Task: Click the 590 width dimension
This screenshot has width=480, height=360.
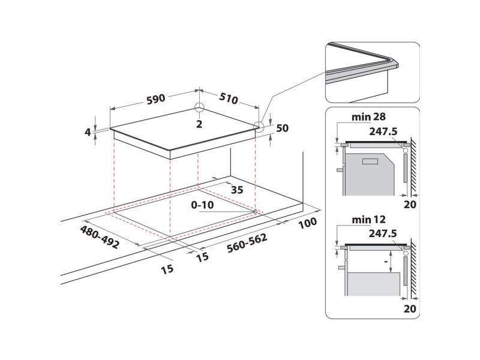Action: [x=156, y=99]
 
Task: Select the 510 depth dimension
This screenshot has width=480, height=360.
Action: [x=229, y=98]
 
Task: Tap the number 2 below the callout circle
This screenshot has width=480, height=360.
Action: [x=199, y=124]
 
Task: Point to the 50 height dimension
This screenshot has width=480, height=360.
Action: [x=282, y=128]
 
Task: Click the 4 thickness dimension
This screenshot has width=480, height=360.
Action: [x=88, y=132]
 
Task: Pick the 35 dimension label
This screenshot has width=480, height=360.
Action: [x=237, y=190]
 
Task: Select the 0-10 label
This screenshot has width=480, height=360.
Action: [x=202, y=205]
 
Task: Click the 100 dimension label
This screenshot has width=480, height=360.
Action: [x=308, y=223]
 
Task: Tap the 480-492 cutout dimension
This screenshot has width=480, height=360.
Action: [x=99, y=237]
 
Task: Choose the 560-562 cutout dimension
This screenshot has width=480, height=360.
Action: [x=247, y=244]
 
